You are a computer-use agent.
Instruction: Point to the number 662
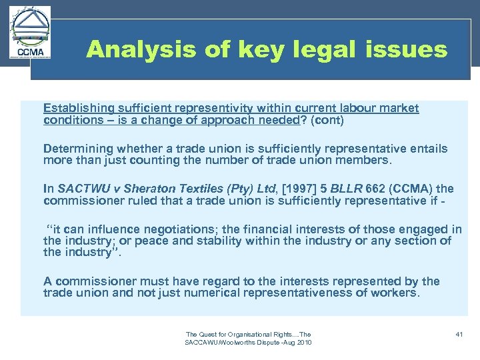pos(363,189)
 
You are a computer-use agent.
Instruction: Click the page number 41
pos(459,334)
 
